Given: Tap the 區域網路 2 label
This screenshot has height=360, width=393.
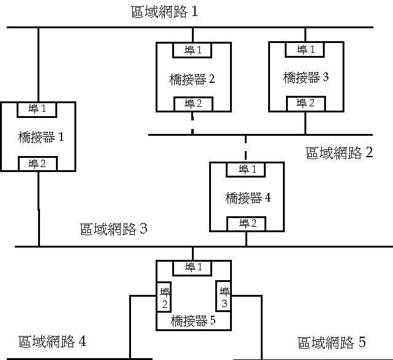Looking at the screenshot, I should [339, 152].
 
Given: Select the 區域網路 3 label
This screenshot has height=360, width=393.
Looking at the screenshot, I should [114, 230].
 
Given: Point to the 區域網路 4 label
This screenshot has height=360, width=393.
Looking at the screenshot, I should [52, 342].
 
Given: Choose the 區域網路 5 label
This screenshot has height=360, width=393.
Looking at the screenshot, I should [331, 342].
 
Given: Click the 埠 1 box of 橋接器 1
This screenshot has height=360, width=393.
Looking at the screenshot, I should [38, 109].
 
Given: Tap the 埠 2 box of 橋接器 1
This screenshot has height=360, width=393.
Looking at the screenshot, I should [38, 163].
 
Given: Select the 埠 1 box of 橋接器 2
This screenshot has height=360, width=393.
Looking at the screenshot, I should [193, 49].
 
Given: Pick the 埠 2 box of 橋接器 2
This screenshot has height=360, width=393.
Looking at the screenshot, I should [193, 103].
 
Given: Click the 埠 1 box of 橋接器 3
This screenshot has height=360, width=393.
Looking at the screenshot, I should [306, 49].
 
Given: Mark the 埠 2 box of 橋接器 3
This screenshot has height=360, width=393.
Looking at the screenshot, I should [306, 103].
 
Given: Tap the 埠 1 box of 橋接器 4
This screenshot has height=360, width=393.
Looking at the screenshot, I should [247, 169].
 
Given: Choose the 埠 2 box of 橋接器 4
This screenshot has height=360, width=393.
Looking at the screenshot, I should [247, 222].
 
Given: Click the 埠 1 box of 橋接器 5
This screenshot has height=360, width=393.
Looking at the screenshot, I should [193, 267].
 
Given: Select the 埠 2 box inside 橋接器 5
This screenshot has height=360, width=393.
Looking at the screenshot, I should [165, 297].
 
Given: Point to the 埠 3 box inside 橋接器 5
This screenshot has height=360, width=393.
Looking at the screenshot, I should [224, 297].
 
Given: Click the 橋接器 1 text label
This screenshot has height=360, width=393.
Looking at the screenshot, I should [41, 137].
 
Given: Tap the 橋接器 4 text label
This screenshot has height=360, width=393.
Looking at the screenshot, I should [248, 197].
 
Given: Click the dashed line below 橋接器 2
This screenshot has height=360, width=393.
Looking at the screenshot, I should [193, 123].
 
